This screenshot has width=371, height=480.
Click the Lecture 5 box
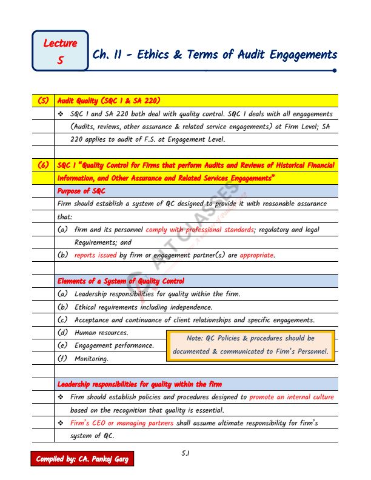pyautogui.click(x=60, y=52)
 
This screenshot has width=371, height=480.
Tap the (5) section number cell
pyautogui.click(x=43, y=101)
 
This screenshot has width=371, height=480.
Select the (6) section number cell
pyautogui.click(x=43, y=165)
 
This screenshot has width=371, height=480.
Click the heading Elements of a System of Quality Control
pyautogui.click(x=121, y=281)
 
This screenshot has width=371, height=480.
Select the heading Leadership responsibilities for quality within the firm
pyautogui.click(x=139, y=384)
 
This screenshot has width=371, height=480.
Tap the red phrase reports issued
pyautogui.click(x=95, y=255)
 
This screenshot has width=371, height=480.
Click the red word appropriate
pyautogui.click(x=256, y=255)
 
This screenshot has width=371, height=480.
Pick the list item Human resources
pyautogui.click(x=101, y=333)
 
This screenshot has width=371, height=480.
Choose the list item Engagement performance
pyautogui.click(x=114, y=345)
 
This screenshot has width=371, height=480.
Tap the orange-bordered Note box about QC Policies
pyautogui.click(x=250, y=345)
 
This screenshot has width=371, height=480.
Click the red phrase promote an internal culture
pyautogui.click(x=291, y=397)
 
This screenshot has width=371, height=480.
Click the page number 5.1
pyautogui.click(x=186, y=453)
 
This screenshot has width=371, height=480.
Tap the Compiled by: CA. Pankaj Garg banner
pyautogui.click(x=80, y=459)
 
